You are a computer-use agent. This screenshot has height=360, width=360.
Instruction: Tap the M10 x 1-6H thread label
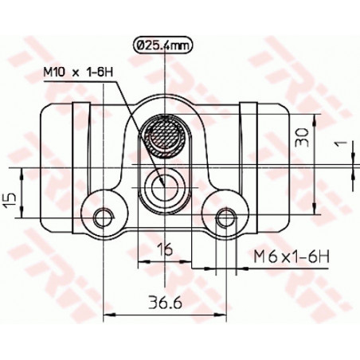point(78,72)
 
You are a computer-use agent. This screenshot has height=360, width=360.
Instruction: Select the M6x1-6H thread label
point(292,256)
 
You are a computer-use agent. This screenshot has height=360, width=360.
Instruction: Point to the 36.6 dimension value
point(165,303)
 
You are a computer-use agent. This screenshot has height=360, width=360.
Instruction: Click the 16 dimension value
point(165,248)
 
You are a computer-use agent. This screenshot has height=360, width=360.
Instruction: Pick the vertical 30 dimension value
point(303,137)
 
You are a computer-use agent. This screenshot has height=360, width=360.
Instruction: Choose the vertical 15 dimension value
point(10,202)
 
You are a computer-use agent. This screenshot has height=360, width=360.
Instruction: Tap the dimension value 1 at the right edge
point(342,143)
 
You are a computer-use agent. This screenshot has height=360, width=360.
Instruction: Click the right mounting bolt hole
point(226,218)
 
